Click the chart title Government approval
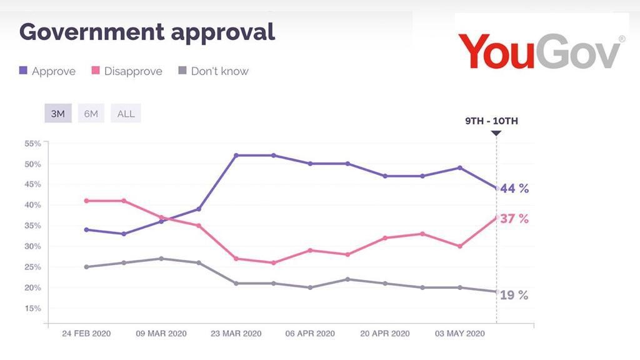[x=147, y=31]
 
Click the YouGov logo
[x=541, y=50]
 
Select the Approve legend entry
[x=47, y=71]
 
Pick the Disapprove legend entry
[x=127, y=71]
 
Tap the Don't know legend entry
[x=213, y=71]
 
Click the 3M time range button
[x=57, y=114]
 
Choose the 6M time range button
[x=91, y=114]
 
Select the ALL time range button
[x=126, y=114]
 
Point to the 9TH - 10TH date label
[x=491, y=121]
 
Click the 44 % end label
[x=514, y=188]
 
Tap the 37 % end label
[x=514, y=219]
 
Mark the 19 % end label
[x=514, y=296]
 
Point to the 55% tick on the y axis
[x=32, y=143]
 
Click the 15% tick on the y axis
[x=32, y=308]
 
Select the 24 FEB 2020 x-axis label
[x=86, y=333]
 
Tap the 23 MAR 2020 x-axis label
[x=236, y=333]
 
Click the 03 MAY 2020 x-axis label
[x=460, y=333]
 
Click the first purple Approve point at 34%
[x=86, y=229]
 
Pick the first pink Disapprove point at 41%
[x=86, y=201]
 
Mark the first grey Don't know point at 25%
[x=86, y=267]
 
